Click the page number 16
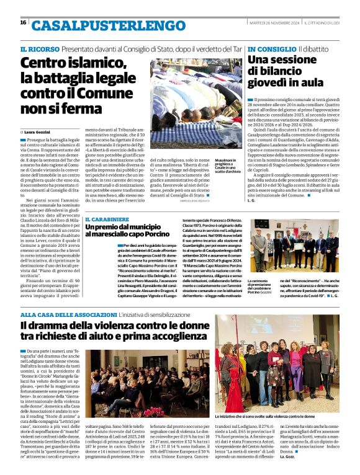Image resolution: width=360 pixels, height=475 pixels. pos(23,22)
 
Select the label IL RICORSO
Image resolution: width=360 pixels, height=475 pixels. pos(40,48)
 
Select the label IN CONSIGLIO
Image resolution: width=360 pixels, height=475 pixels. pos(271,48)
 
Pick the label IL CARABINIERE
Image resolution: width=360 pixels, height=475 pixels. pos(107,220)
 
